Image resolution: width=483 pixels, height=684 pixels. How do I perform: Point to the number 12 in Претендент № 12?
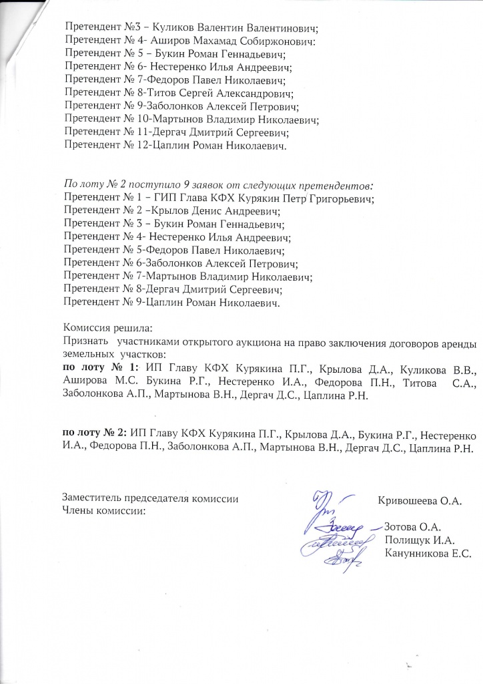click(x=145, y=146)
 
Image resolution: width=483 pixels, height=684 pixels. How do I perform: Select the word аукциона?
click(x=249, y=341)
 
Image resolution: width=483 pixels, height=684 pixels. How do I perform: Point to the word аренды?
click(x=460, y=341)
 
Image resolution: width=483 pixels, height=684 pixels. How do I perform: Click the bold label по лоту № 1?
click(x=100, y=368)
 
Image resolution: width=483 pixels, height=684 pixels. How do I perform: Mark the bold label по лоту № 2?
click(x=95, y=432)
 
